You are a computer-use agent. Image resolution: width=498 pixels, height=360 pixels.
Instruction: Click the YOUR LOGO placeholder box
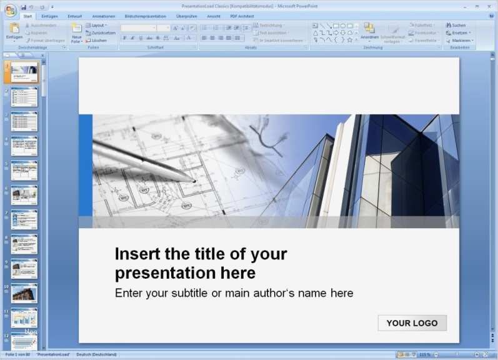click(412, 322)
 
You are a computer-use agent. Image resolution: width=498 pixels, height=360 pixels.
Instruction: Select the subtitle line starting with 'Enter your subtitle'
click(234, 293)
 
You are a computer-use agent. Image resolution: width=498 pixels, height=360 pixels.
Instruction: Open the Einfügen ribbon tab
click(49, 16)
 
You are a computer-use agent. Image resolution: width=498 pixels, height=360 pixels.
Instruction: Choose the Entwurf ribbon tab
click(75, 16)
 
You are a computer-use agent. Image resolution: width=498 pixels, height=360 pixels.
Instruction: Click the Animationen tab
click(103, 16)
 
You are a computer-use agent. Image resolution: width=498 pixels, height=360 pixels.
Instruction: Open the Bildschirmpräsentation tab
click(146, 16)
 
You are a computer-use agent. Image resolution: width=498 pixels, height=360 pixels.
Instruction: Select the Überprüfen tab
click(187, 16)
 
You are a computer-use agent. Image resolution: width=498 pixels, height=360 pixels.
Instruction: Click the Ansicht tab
click(214, 16)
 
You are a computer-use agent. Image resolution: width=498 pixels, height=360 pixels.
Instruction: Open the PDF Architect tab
click(242, 16)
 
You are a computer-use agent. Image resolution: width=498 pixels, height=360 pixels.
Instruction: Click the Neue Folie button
click(76, 34)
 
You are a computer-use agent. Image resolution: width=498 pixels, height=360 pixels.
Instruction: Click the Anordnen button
click(369, 32)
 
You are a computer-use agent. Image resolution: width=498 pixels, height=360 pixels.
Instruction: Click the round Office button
click(10, 9)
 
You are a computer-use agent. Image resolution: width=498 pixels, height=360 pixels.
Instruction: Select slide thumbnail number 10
click(24, 292)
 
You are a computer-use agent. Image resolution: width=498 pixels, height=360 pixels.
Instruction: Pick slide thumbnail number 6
click(24, 194)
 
